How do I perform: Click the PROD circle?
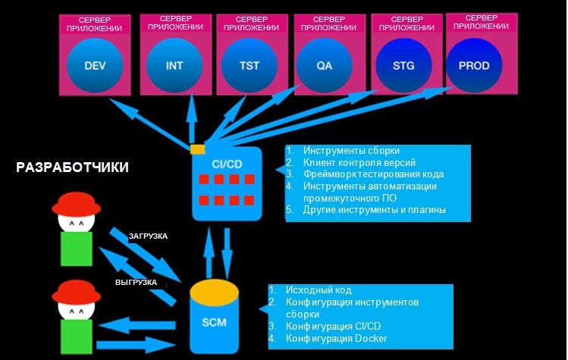pyautogui.click(x=474, y=66)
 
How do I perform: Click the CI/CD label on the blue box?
pyautogui.click(x=227, y=163)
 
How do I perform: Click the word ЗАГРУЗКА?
pyautogui.click(x=147, y=236)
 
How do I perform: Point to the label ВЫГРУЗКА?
pyautogui.click(x=137, y=282)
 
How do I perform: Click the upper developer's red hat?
pyautogui.click(x=76, y=203)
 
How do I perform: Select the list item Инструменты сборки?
pyautogui.click(x=351, y=151)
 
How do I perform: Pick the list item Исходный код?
pyautogui.click(x=319, y=290)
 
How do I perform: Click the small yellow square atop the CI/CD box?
pyautogui.click(x=197, y=149)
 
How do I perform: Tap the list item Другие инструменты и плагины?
pyautogui.click(x=375, y=210)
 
